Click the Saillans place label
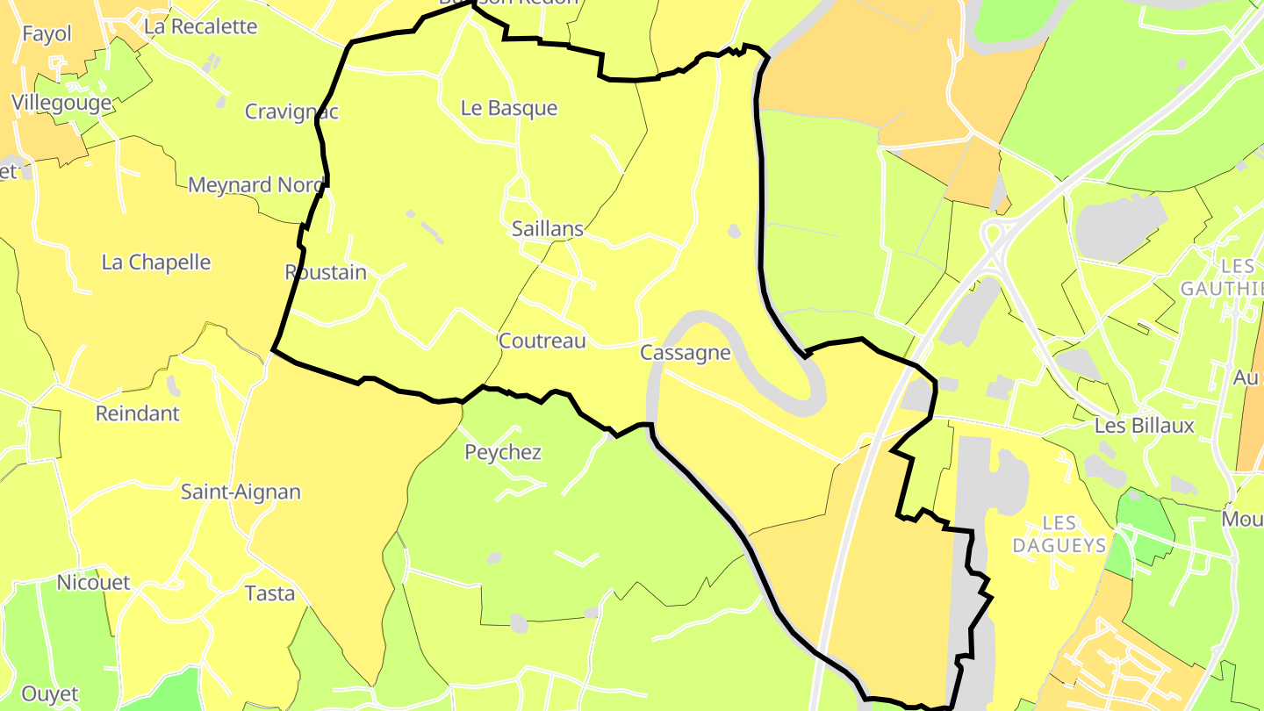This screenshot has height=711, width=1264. pyautogui.click(x=548, y=229)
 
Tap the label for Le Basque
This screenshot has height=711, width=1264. pyautogui.click(x=509, y=109)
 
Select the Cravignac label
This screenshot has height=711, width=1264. pyautogui.click(x=291, y=111)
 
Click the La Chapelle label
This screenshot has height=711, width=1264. pyautogui.click(x=156, y=262)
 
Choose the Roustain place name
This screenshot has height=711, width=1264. pyautogui.click(x=326, y=272)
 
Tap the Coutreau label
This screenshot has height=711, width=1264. pyautogui.click(x=542, y=341)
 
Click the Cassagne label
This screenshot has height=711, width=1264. pyautogui.click(x=686, y=353)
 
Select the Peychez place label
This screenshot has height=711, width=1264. pyautogui.click(x=503, y=453)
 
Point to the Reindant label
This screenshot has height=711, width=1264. pyautogui.click(x=137, y=413)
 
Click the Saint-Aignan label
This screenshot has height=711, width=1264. pyautogui.click(x=241, y=492)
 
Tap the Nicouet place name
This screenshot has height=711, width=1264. pyautogui.click(x=93, y=583)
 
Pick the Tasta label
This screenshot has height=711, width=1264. pyautogui.click(x=270, y=593)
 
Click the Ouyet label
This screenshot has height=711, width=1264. pyautogui.click(x=50, y=693)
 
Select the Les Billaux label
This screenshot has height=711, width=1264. pyautogui.click(x=1145, y=426)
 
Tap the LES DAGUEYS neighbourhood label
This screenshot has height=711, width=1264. pyautogui.click(x=1059, y=535)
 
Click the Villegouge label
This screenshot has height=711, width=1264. pyautogui.click(x=61, y=103)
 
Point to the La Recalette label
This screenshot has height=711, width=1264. pyautogui.click(x=201, y=26)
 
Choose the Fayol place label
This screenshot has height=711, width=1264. pyautogui.click(x=47, y=34)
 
